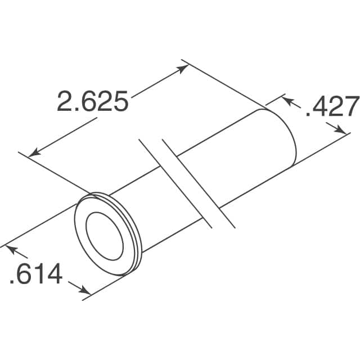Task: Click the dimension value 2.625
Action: click(92, 101)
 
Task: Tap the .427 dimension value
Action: click(332, 107)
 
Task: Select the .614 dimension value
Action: click(35, 275)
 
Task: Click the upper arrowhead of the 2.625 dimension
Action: click(183, 69)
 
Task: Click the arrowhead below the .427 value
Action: click(341, 130)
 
